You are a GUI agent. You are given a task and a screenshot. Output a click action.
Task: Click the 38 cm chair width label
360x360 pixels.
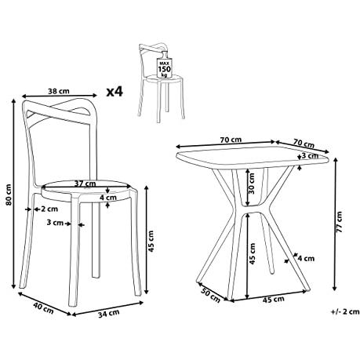59,91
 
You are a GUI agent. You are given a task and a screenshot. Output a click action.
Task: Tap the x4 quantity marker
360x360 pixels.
115,92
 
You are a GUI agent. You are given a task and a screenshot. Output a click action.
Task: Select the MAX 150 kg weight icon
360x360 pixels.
164,65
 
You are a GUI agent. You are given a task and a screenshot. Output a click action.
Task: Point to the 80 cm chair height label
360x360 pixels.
9,195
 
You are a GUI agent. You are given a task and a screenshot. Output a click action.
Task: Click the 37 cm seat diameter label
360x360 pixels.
85,184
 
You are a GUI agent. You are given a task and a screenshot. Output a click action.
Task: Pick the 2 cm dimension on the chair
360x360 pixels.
45,209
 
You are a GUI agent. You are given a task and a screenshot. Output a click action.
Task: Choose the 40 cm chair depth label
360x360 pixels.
43,307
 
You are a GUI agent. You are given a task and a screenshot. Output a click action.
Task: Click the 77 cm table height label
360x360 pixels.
339,222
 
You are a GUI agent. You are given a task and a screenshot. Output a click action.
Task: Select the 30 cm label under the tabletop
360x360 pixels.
252,184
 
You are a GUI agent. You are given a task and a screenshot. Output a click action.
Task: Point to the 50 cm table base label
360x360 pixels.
211,295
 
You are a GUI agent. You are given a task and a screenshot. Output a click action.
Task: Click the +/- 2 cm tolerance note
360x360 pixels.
345,311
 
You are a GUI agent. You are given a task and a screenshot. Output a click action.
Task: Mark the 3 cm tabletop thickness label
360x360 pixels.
310,156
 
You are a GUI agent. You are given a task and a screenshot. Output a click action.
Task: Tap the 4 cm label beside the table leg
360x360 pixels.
306,258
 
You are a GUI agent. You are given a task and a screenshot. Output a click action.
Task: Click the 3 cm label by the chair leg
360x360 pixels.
55,223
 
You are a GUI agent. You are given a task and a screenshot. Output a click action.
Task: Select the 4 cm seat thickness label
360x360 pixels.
108,198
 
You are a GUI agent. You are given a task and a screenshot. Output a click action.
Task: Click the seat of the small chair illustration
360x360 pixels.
163,78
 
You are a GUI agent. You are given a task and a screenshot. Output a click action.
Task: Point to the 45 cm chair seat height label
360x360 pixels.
151,241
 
